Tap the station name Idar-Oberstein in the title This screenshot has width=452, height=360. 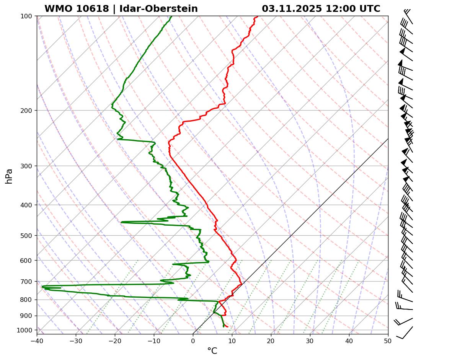(158, 9)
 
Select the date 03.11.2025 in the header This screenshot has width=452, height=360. (292, 9)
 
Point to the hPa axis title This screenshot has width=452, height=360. (9, 176)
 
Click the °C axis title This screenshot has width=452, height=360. (212, 351)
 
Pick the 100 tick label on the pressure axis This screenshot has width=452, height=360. (26, 16)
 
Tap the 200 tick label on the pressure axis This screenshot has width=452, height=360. (26, 111)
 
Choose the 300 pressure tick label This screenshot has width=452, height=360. (26, 166)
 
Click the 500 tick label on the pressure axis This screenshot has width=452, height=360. (26, 236)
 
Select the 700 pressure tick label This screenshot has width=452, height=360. (26, 282)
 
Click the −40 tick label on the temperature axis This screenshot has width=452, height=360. (37, 340)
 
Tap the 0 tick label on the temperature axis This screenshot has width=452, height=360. (193, 340)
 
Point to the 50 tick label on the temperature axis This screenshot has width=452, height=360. (388, 340)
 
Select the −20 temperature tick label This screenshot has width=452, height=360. (115, 340)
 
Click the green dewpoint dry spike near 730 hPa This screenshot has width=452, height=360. (43, 286)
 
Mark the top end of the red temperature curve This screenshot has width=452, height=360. (258, 16)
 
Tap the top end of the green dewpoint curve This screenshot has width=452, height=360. (171, 16)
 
